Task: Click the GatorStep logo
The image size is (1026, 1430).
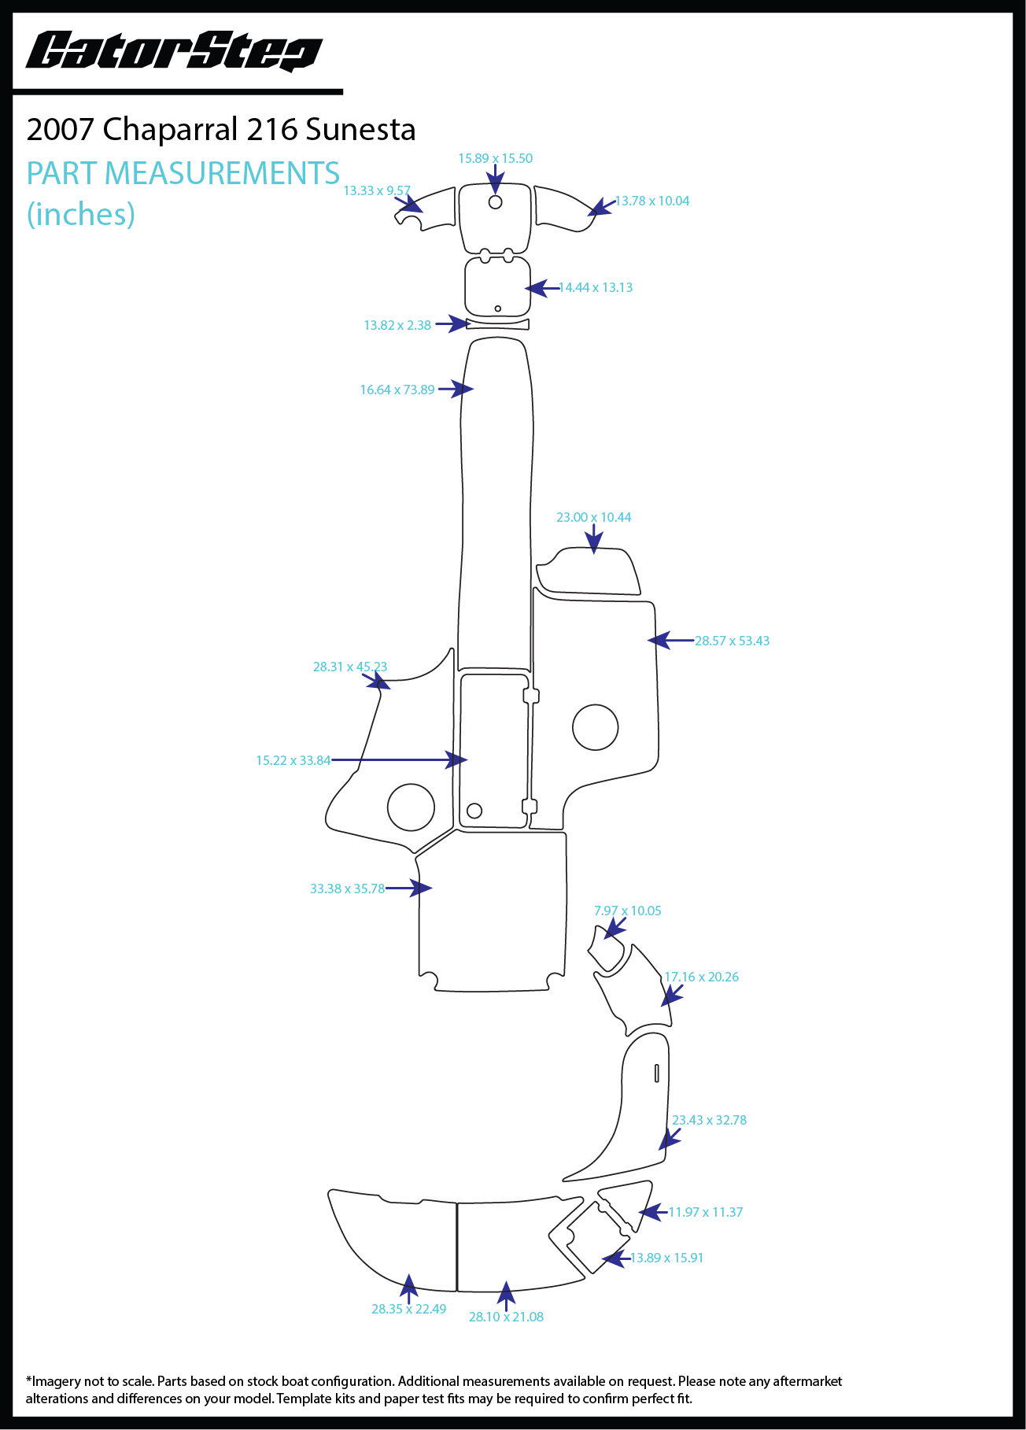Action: [174, 52]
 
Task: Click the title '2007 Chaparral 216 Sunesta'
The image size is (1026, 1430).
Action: [221, 130]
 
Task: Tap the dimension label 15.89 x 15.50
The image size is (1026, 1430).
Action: [495, 159]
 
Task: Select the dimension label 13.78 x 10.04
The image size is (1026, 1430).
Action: [651, 201]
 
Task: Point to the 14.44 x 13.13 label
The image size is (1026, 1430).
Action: [596, 288]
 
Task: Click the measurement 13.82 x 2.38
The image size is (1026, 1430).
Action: [397, 326]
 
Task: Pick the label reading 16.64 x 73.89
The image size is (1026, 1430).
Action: [397, 390]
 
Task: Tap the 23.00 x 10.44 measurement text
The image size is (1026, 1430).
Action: [593, 518]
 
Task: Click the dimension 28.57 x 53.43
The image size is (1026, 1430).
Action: [732, 641]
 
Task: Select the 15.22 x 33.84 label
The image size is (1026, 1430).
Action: [293, 761]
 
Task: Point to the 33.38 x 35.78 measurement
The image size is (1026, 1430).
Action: [347, 889]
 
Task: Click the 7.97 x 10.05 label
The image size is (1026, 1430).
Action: [627, 911]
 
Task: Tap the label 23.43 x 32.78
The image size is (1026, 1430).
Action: [709, 1121]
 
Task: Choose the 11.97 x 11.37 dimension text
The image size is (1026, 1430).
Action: [705, 1213]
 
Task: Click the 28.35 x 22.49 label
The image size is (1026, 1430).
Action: [408, 1310]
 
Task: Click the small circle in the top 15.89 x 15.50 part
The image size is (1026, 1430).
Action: [496, 202]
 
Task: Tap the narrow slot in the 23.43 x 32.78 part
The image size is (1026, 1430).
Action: [657, 1073]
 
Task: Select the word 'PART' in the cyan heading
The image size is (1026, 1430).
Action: [63, 174]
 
